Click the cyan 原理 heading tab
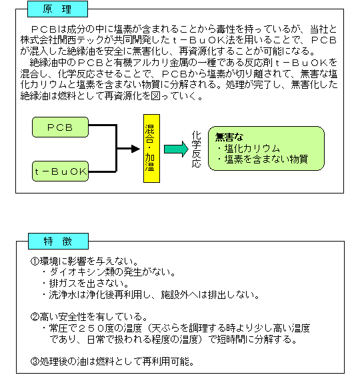click(x=57, y=9)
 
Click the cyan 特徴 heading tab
click(x=58, y=242)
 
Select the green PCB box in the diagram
click(x=60, y=127)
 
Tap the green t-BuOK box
click(x=60, y=171)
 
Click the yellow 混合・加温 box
click(x=151, y=149)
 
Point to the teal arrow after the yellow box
click(x=176, y=149)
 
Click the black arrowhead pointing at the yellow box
click(x=135, y=149)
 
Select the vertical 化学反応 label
click(x=197, y=149)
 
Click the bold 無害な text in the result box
click(x=229, y=137)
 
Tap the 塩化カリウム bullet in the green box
click(x=249, y=149)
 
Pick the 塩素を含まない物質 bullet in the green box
click(x=263, y=159)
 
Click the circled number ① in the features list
click(x=35, y=261)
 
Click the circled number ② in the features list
click(x=35, y=317)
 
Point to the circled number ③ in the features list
click(x=35, y=362)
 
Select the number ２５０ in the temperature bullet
click(x=91, y=328)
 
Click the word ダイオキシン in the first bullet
click(x=73, y=272)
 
